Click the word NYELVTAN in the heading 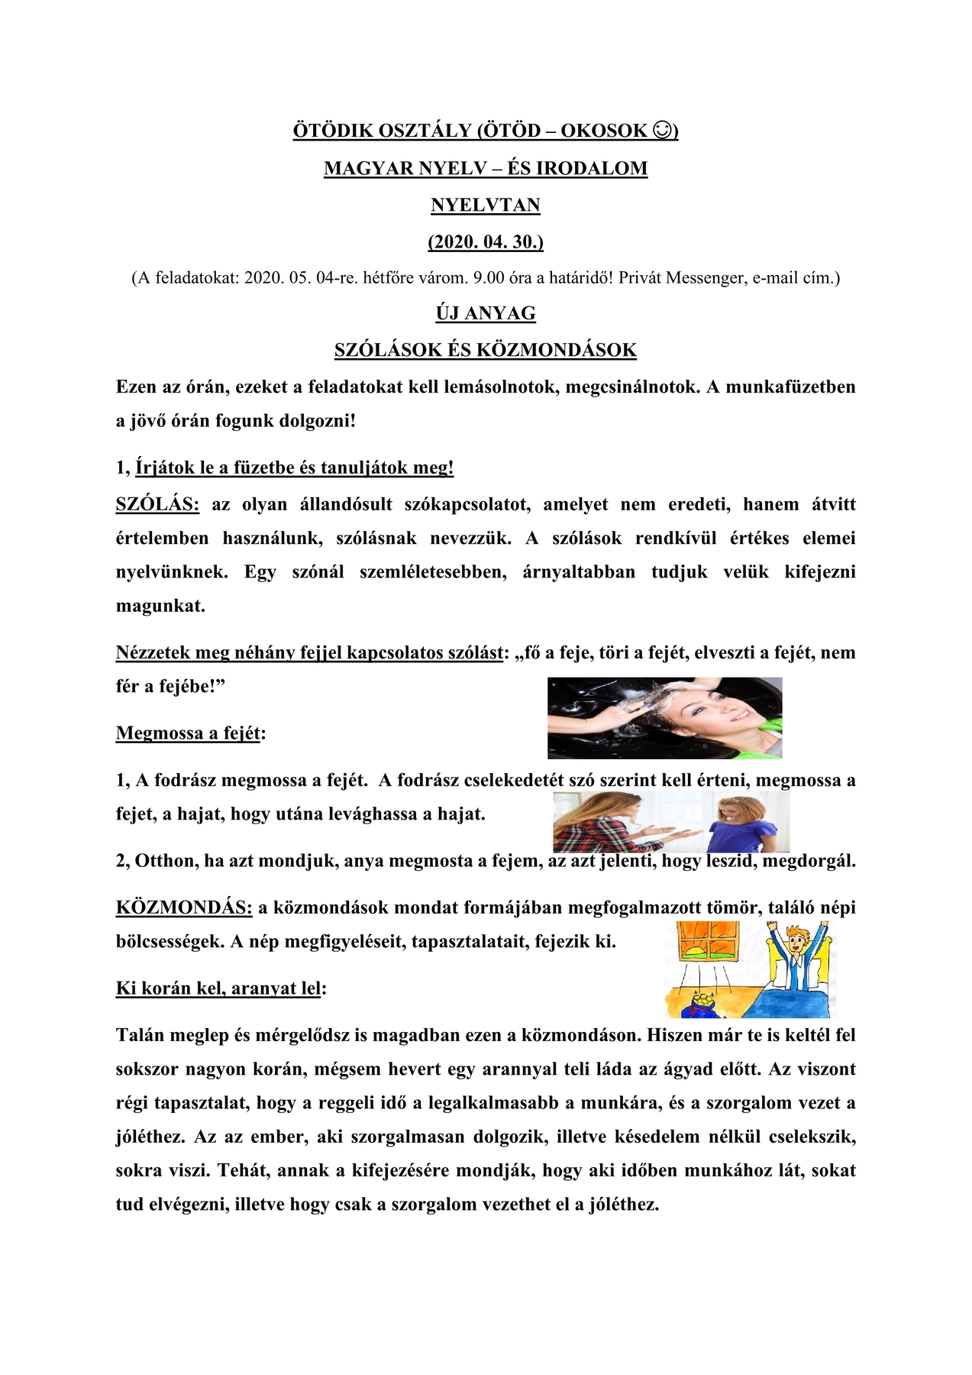tap(486, 205)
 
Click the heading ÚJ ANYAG tap(486, 313)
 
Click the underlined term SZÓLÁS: tap(157, 504)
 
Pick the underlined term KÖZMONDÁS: tap(183, 907)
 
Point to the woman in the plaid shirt tap(603, 821)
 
